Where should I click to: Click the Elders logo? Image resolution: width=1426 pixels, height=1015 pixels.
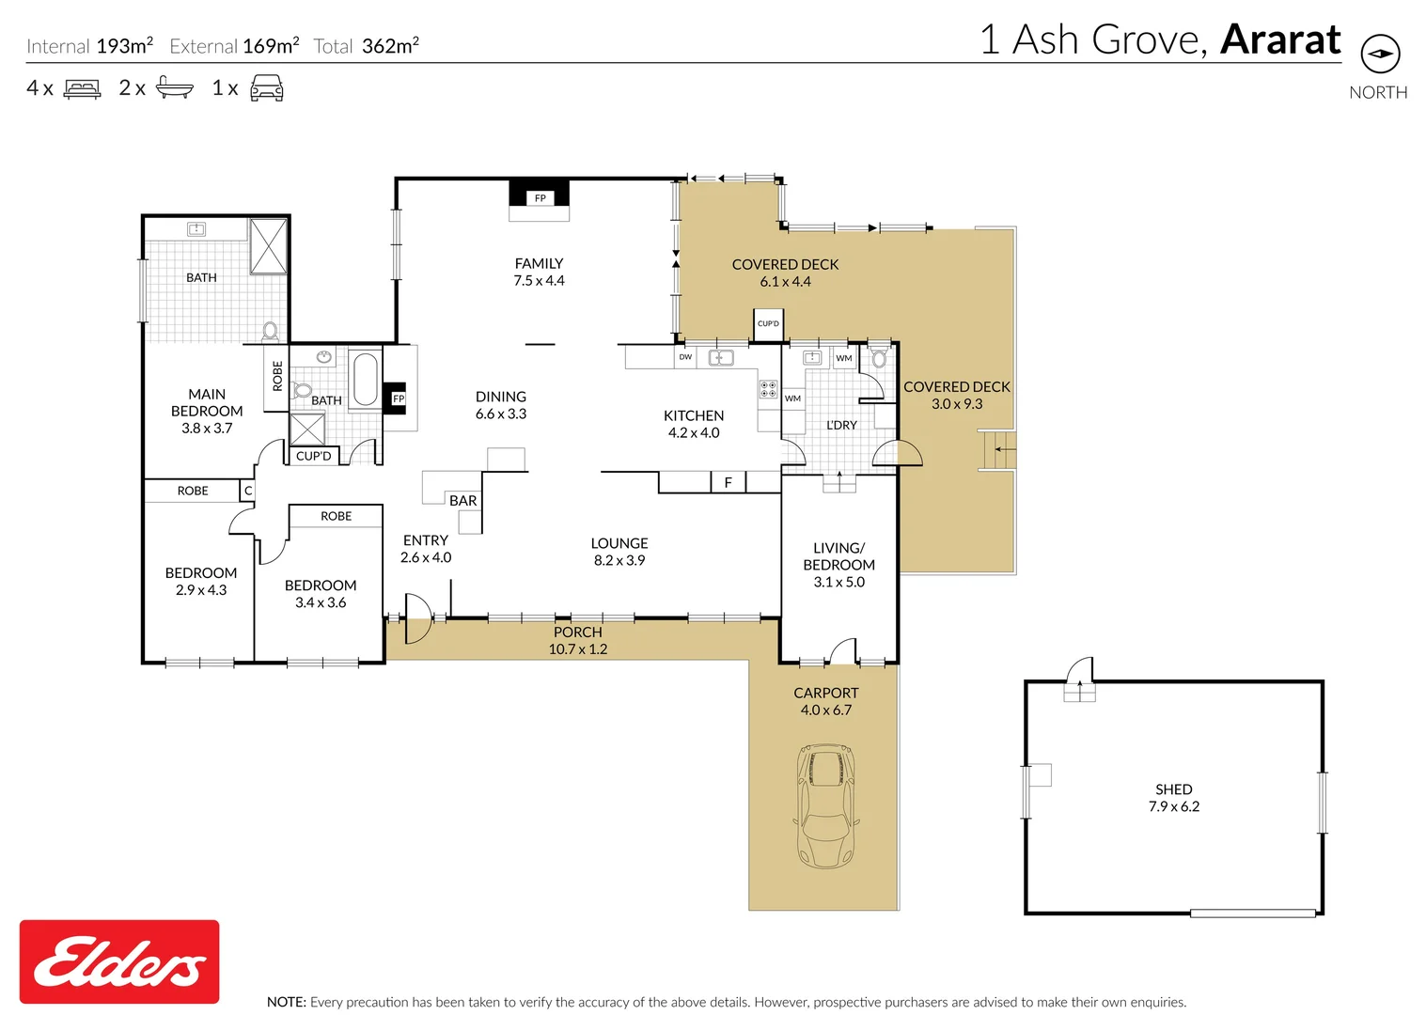pos(119,961)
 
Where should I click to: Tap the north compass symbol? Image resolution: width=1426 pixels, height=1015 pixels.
pos(1380,54)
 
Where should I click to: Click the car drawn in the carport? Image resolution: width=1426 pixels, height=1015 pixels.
pos(825,805)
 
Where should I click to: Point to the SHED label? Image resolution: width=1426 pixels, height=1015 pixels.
pos(1173,789)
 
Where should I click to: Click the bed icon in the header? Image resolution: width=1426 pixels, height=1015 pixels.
pos(82,89)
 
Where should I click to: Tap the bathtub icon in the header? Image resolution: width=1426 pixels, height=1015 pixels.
pos(174,88)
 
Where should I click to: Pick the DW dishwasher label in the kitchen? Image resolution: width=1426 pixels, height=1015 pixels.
pos(685,357)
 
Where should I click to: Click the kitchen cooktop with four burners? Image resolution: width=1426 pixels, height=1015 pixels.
pos(768,389)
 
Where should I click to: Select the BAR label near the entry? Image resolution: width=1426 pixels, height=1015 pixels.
pos(462,501)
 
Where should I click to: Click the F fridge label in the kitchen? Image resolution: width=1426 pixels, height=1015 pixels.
pos(728,483)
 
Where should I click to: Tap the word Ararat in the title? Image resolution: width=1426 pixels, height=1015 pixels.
pos(1280,39)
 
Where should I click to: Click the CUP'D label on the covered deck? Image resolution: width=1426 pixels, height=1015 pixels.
pos(768,323)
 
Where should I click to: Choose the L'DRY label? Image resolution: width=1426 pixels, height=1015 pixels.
pos(841,425)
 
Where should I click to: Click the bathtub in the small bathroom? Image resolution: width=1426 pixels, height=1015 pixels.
pos(365,379)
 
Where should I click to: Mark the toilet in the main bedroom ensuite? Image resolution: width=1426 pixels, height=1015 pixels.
pos(270,331)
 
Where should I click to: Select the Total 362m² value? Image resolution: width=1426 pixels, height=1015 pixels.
pos(389,46)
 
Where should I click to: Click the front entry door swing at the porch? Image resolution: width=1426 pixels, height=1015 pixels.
pos(417,617)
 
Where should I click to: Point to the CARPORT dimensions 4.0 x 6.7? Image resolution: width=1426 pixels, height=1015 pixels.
pos(825,710)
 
